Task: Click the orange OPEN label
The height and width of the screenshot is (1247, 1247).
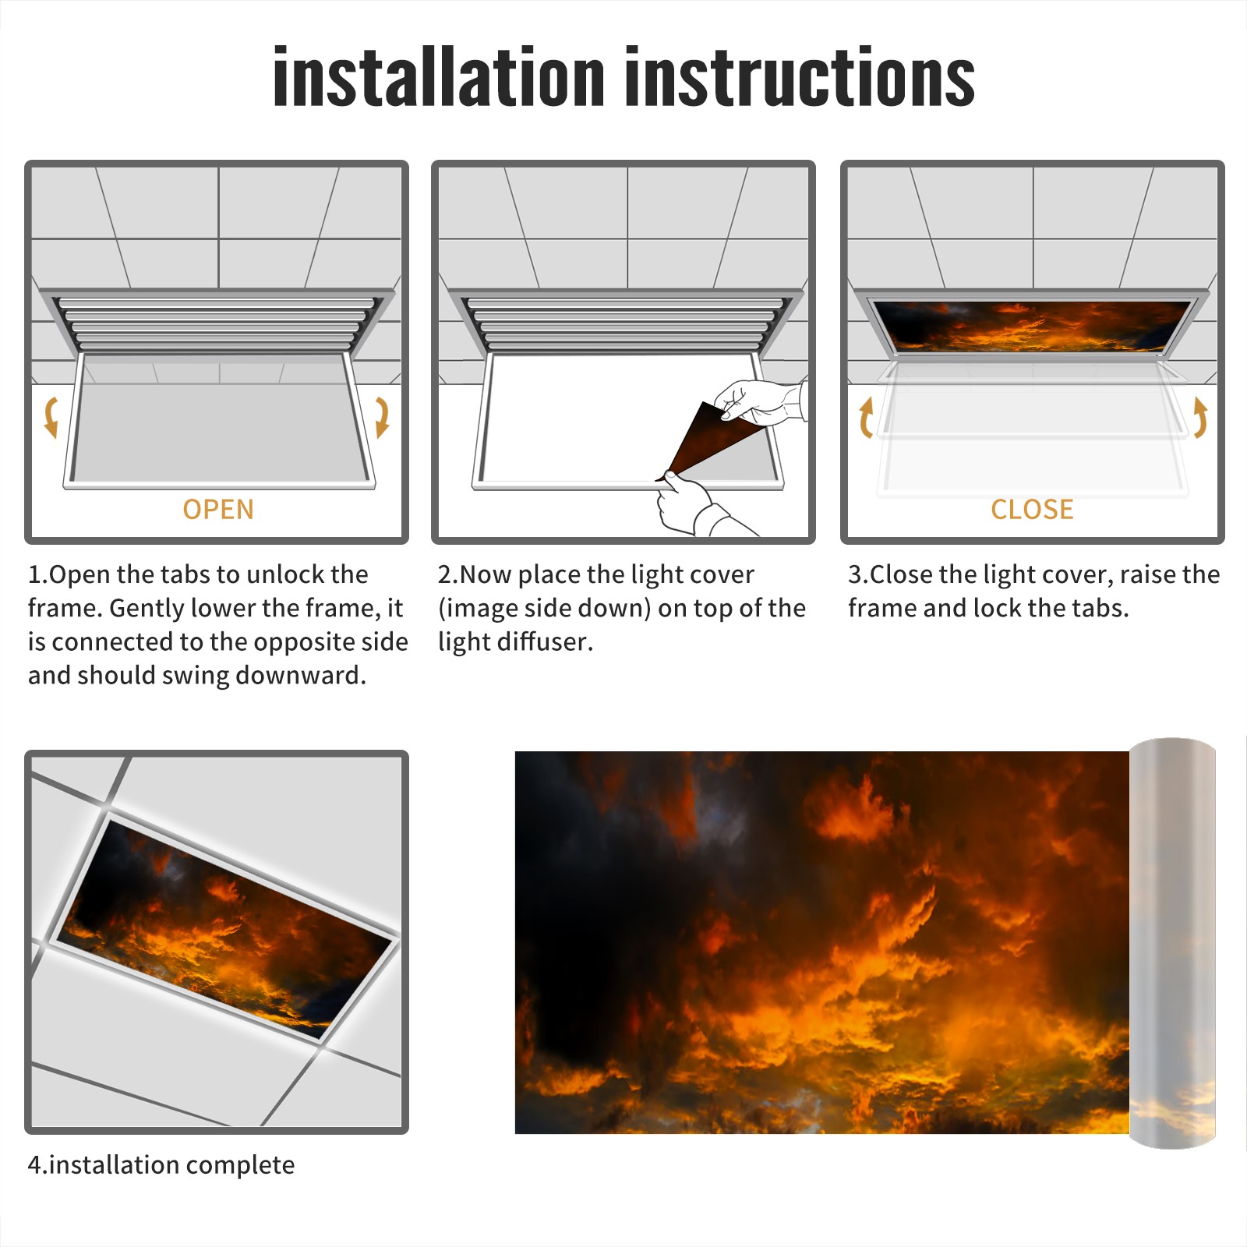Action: tap(218, 510)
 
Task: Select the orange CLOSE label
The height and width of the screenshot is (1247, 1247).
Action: tap(1032, 510)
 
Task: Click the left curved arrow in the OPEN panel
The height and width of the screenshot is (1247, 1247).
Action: tap(51, 417)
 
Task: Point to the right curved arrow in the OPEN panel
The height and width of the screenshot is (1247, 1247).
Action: tap(382, 417)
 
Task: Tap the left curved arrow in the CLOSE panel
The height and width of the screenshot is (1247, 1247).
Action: tap(866, 417)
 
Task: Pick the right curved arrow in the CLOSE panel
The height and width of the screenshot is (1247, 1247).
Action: tap(1200, 417)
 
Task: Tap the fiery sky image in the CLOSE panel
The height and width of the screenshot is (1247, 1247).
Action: tap(1032, 325)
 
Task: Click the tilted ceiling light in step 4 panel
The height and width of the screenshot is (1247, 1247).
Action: tap(224, 927)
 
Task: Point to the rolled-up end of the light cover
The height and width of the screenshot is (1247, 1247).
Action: tap(1172, 943)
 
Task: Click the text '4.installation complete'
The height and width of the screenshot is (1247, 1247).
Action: tap(161, 1165)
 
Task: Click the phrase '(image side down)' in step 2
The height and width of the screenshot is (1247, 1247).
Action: tap(544, 609)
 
